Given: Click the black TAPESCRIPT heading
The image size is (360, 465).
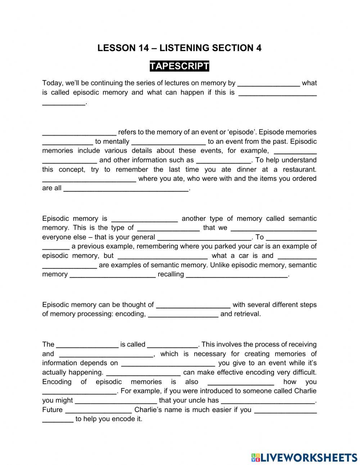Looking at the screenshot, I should (x=179, y=66).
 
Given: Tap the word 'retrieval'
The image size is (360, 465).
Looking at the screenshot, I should (x=247, y=314).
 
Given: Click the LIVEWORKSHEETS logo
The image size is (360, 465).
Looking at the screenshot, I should (x=304, y=457).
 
